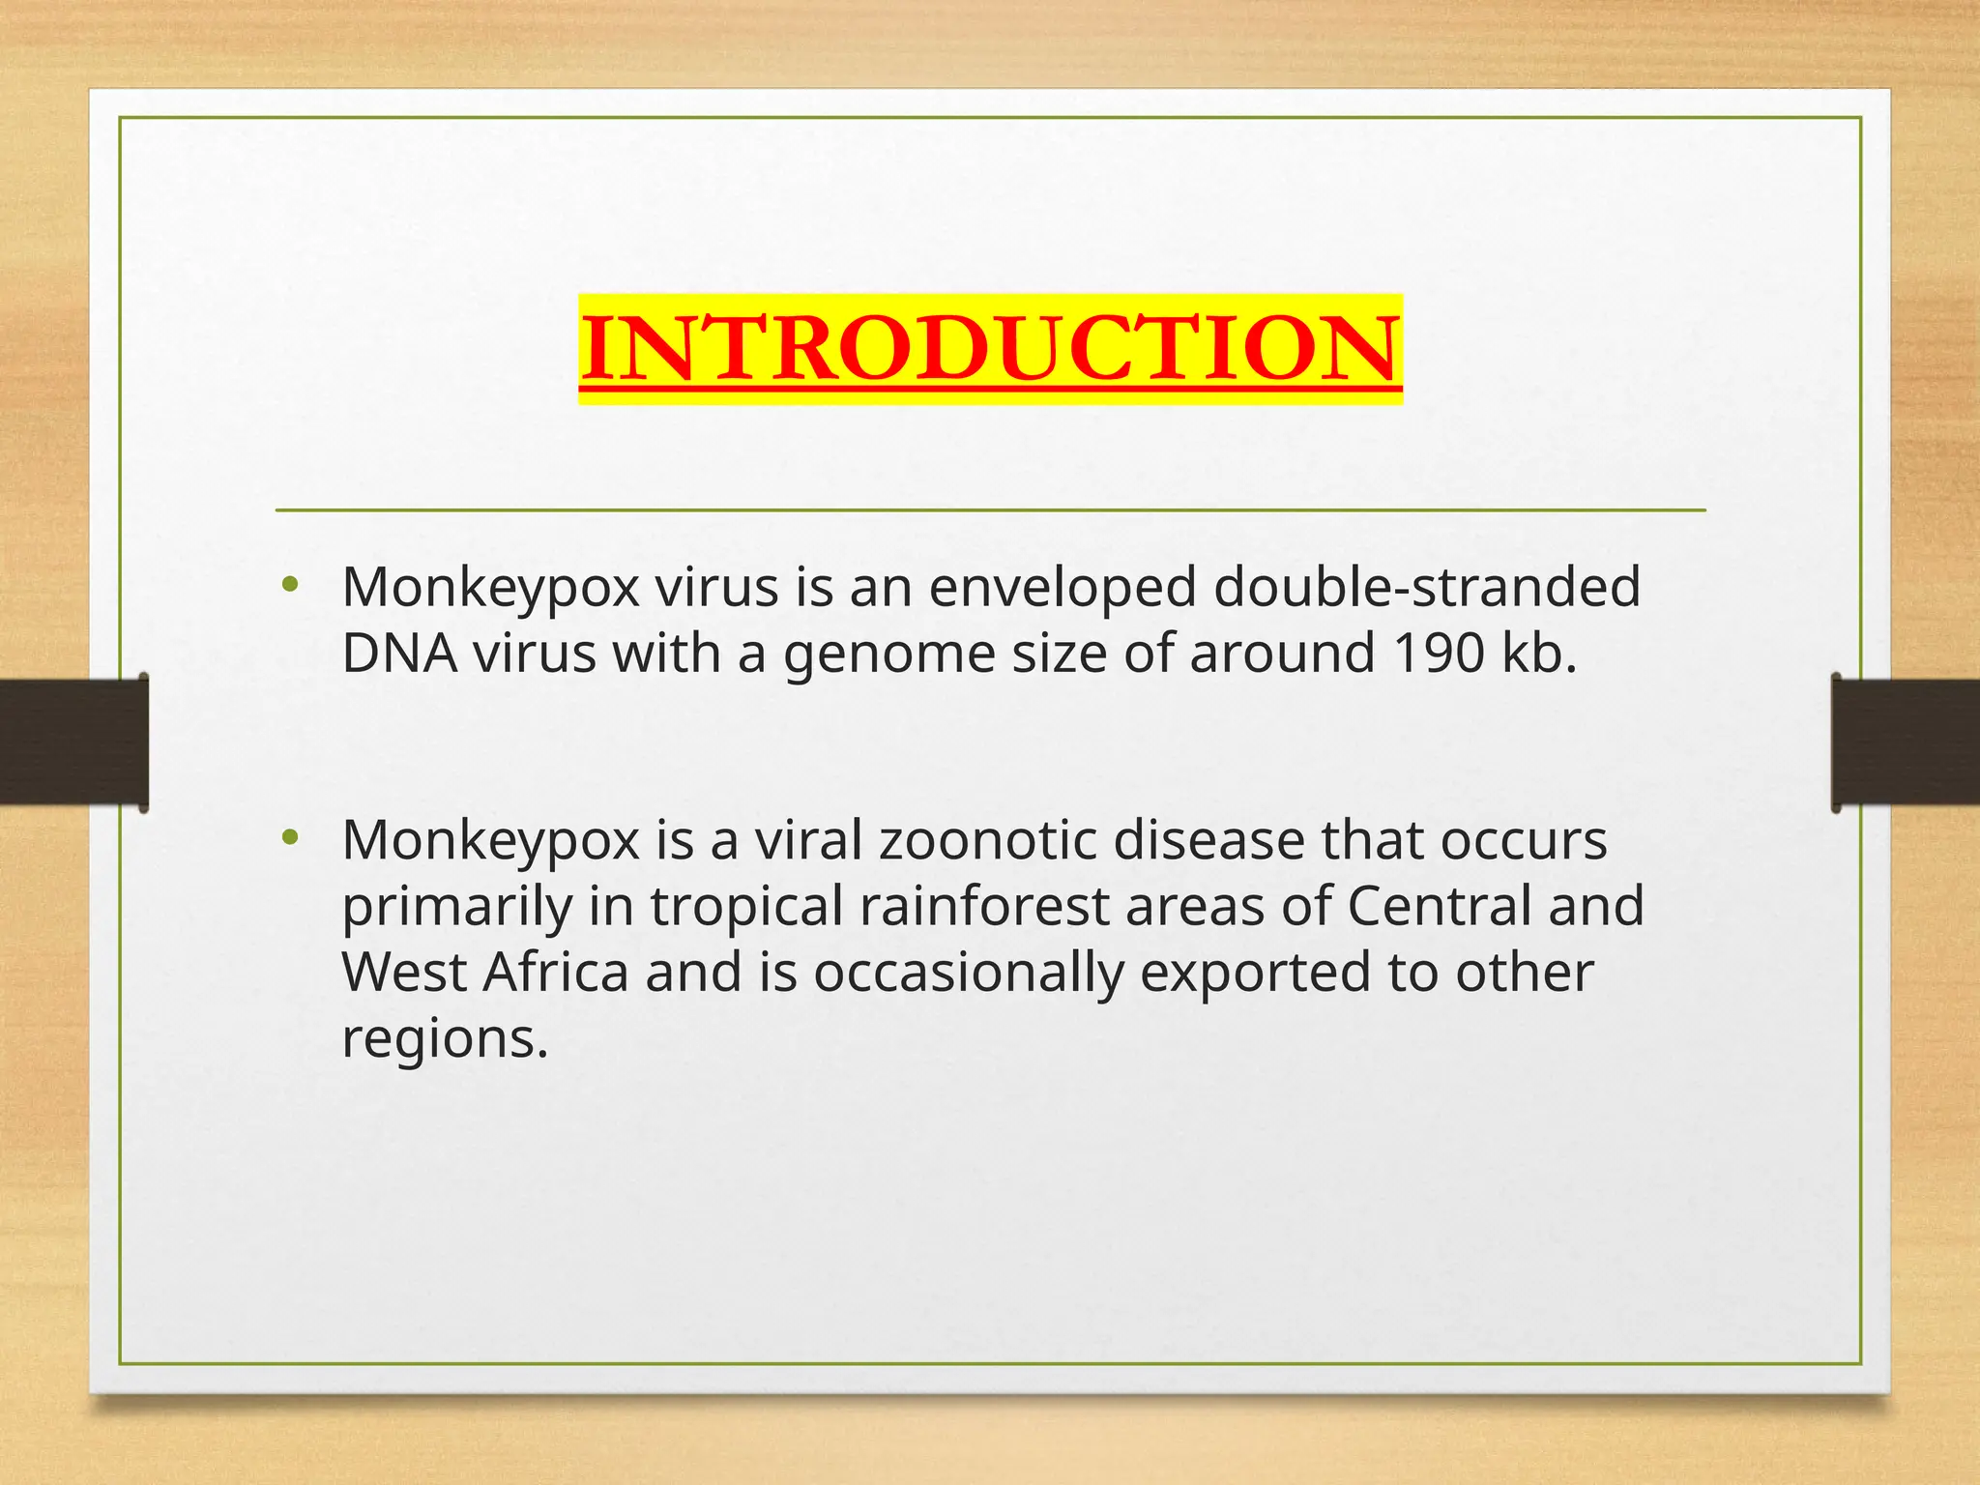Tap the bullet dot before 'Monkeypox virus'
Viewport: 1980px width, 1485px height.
pyautogui.click(x=289, y=584)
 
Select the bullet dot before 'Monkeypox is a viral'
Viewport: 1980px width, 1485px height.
pyautogui.click(x=289, y=836)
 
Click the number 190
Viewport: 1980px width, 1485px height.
pyautogui.click(x=1439, y=654)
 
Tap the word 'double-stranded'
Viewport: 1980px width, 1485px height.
pyautogui.click(x=1427, y=587)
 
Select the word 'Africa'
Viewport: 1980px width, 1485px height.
pyautogui.click(x=556, y=973)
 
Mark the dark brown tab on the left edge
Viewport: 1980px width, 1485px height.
pyautogui.click(x=73, y=742)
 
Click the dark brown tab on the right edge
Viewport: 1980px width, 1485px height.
pyautogui.click(x=1906, y=742)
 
